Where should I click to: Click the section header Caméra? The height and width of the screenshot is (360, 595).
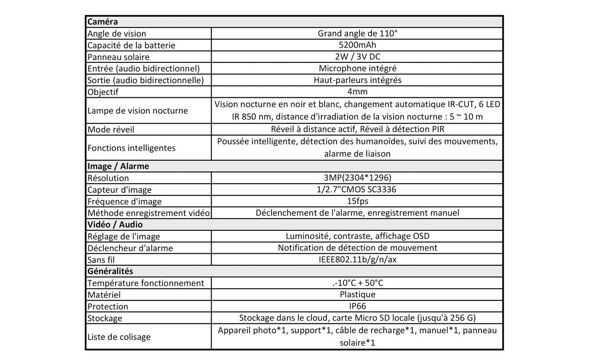pyautogui.click(x=102, y=22)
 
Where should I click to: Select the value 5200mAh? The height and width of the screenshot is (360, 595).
pyautogui.click(x=357, y=45)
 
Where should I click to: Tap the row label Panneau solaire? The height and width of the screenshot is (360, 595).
pyautogui.click(x=118, y=57)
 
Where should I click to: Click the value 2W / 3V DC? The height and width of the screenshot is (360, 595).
pyautogui.click(x=357, y=57)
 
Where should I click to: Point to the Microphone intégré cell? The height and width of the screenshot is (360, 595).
pyautogui.click(x=357, y=68)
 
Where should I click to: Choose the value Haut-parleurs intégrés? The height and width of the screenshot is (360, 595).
pyautogui.click(x=357, y=80)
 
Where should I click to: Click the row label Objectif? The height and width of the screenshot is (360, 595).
pyautogui.click(x=103, y=92)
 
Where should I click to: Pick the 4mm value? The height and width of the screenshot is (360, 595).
pyautogui.click(x=357, y=92)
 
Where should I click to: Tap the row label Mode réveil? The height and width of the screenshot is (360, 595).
pyautogui.click(x=110, y=130)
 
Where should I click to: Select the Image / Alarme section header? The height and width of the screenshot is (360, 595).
pyautogui.click(x=118, y=166)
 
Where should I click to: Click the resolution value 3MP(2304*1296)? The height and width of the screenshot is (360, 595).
pyautogui.click(x=357, y=178)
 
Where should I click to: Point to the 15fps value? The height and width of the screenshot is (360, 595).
pyautogui.click(x=357, y=201)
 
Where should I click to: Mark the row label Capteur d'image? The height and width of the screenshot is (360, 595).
pyautogui.click(x=119, y=190)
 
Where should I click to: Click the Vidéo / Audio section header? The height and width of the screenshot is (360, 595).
pyautogui.click(x=115, y=224)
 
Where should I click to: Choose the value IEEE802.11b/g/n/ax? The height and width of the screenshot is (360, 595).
pyautogui.click(x=357, y=259)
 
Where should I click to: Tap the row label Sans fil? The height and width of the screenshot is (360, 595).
pyautogui.click(x=101, y=260)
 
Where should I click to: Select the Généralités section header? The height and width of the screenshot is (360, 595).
pyautogui.click(x=110, y=271)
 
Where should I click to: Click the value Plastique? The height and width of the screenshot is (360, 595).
pyautogui.click(x=357, y=294)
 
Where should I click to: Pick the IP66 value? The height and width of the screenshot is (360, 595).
pyautogui.click(x=357, y=306)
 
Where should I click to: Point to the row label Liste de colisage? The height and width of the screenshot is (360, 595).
pyautogui.click(x=119, y=337)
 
